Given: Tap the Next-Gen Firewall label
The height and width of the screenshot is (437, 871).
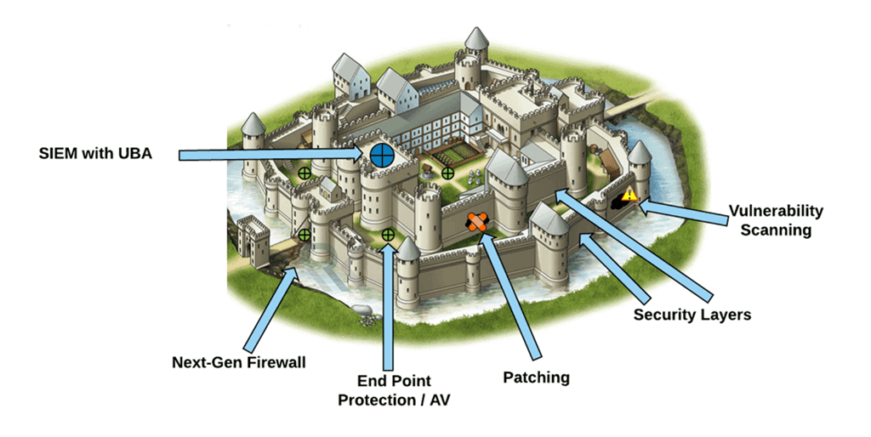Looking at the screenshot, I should pos(238,362).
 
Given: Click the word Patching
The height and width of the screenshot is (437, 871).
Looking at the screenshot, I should pos(536,377).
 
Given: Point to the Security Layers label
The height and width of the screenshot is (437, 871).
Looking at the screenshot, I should pos(692,315).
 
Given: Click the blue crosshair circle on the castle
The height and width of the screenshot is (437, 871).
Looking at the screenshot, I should pos(382,155).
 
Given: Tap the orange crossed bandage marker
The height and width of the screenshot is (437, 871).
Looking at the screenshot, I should pos(477,223).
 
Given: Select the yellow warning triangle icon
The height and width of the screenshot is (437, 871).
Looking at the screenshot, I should pos(629,195).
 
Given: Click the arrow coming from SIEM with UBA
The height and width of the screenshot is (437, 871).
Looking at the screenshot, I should pos(272,154).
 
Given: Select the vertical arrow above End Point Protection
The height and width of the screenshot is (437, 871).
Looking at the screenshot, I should pos(389,306).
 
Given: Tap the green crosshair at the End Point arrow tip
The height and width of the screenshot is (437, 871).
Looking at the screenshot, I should pos(389,234).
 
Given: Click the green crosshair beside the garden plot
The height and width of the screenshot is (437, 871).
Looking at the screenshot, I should pos(447,173).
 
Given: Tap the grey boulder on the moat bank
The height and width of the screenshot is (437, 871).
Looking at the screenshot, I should pos(360,316).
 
